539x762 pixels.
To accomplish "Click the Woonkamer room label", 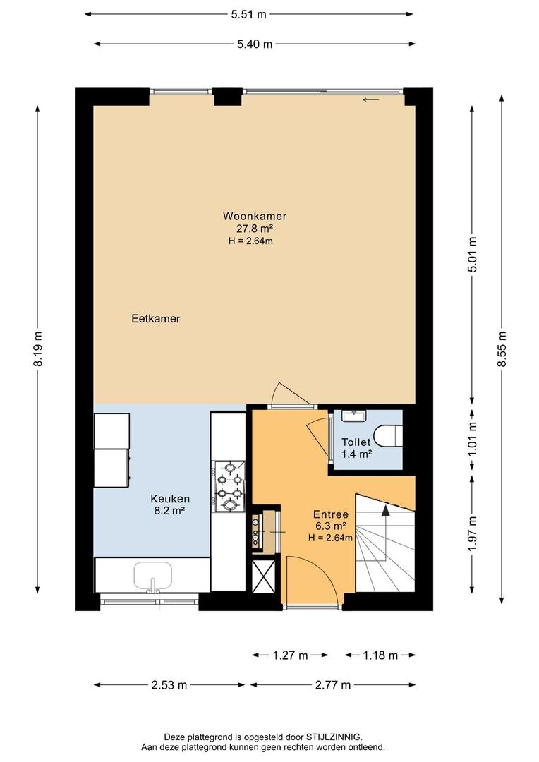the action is [254, 217].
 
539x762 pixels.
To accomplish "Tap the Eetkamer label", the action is [156, 319].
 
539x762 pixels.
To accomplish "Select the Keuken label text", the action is [169, 499].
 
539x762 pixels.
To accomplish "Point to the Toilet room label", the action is [356, 442].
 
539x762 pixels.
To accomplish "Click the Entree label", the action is [330, 514].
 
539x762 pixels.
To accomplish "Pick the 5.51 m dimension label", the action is [249, 15].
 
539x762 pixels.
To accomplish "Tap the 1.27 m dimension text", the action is [290, 655].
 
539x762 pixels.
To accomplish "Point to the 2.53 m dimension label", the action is [169, 685].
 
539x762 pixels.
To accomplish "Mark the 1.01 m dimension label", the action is [471, 439].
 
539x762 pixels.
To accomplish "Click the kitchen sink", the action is [153, 577].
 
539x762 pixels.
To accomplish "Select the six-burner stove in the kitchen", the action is [229, 486].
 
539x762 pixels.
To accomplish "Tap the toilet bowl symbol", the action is [389, 435].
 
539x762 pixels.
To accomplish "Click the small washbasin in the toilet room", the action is [354, 416].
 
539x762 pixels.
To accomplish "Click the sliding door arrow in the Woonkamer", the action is [371, 101].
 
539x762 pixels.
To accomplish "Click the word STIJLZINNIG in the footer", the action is [334, 737].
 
